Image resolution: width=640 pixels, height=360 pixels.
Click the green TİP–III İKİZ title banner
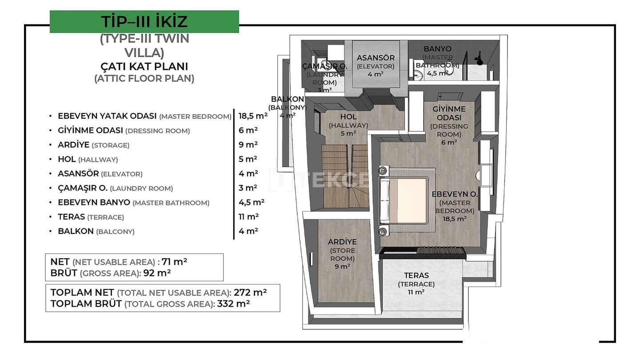tap(144, 22)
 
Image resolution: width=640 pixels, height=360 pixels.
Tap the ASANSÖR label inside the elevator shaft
tap(376, 58)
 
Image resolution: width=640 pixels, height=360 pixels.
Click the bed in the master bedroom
tap(404, 200)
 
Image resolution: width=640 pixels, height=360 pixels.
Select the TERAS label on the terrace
tap(416, 276)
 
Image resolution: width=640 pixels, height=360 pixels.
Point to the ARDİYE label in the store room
tap(342, 242)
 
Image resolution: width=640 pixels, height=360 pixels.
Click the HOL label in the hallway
tap(348, 116)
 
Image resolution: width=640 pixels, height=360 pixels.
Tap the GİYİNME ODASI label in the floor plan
tap(449, 113)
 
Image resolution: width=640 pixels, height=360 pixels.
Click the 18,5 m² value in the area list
tap(253, 116)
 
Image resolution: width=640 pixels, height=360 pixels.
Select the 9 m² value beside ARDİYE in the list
tap(248, 144)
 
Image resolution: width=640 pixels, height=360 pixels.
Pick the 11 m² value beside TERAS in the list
tap(248, 216)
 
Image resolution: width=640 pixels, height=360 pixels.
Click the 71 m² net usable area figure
tap(174, 262)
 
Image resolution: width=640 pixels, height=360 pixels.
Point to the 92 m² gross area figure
tap(157, 273)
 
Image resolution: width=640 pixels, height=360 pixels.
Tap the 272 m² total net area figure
tap(250, 292)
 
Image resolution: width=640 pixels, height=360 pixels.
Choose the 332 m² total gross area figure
tap(233, 304)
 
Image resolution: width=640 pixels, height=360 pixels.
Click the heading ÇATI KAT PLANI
tap(144, 66)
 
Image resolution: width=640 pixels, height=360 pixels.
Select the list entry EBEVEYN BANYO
tap(94, 202)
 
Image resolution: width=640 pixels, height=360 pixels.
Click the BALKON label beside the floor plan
tap(288, 99)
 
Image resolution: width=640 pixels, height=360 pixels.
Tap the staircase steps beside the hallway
tap(345, 176)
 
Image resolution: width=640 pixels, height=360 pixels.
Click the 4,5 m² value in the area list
tap(252, 202)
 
